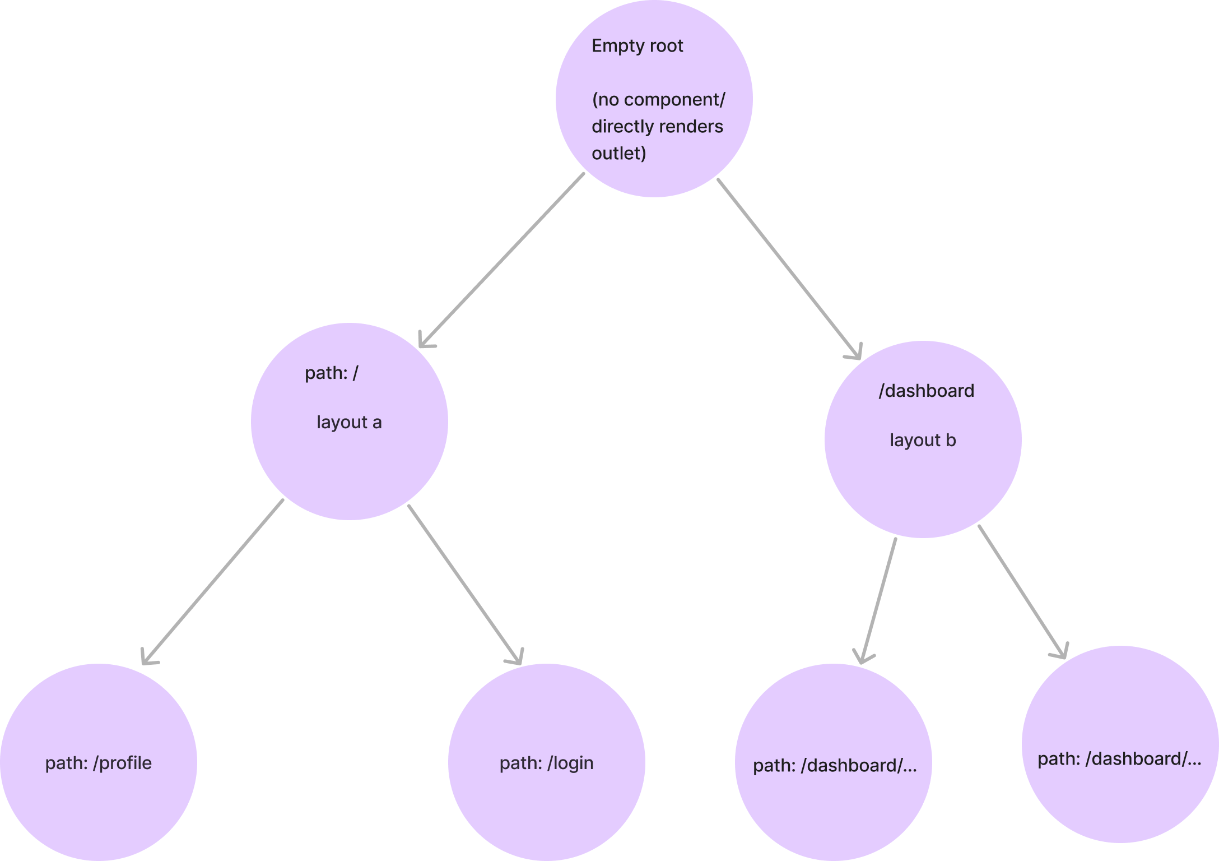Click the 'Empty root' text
637,46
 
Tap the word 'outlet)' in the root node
618,153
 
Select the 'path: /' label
331,373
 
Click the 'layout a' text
349,422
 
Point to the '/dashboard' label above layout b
926,391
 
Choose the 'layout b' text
923,441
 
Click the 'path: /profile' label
99,763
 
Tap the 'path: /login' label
546,763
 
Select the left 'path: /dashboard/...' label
834,766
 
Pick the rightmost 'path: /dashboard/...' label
1119,759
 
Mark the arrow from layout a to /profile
213,580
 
